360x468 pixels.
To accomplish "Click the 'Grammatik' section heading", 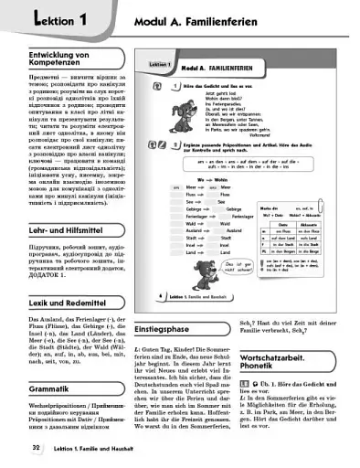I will (x=34, y=387).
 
